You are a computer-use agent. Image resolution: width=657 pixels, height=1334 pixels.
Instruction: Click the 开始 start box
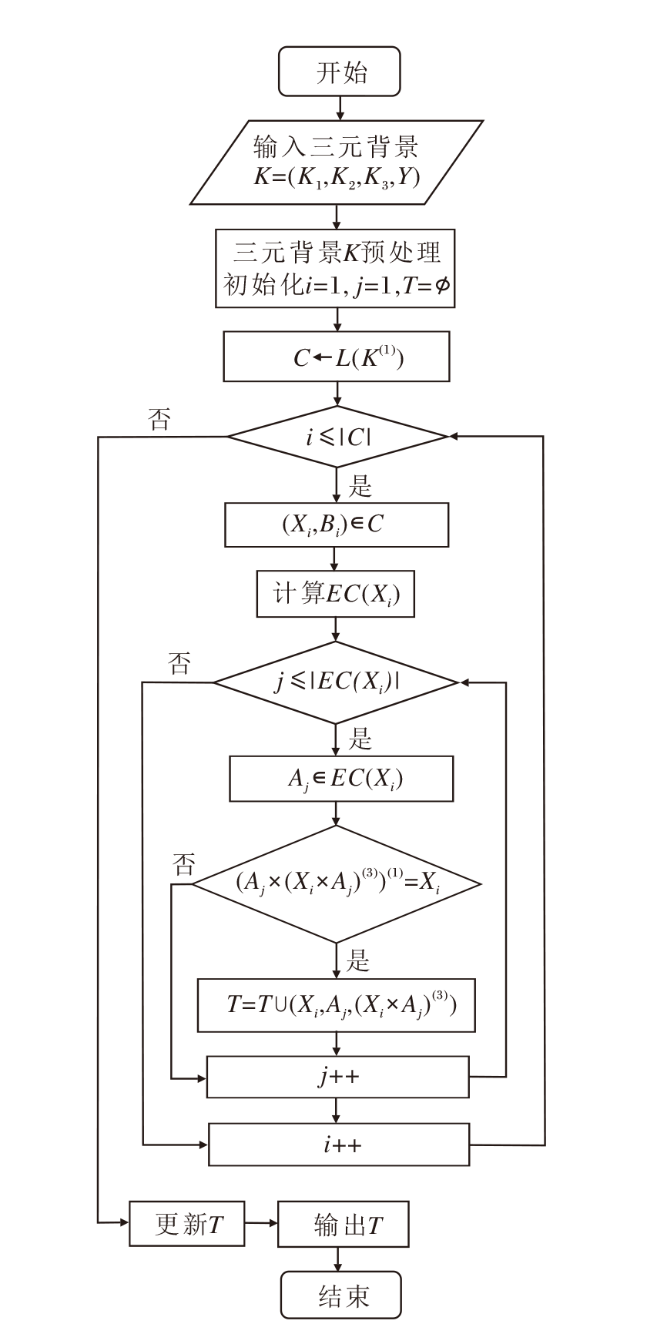pos(340,72)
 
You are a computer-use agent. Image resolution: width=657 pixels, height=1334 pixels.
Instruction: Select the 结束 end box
pos(340,1295)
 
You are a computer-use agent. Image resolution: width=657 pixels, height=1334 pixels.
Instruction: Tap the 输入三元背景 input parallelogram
pos(337,162)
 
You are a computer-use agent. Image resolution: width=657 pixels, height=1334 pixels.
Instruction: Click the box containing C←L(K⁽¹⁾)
pos(337,357)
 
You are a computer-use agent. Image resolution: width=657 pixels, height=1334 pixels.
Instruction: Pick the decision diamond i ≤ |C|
pos(337,437)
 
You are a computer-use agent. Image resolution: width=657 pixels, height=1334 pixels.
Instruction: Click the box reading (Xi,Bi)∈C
pos(337,525)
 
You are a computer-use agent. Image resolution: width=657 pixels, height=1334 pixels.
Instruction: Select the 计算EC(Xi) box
pos(335,594)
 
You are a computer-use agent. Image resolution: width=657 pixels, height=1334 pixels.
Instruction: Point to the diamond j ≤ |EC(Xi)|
pos(336,682)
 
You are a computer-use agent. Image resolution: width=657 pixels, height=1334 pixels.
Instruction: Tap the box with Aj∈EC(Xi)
pos(341,779)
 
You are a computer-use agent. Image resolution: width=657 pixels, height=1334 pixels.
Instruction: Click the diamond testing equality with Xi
pos(337,883)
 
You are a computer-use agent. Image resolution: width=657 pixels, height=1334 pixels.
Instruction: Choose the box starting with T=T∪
pos(337,1005)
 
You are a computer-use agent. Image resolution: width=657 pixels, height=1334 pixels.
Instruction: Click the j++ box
pos(337,1076)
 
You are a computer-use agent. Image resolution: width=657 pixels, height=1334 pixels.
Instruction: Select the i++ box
pos(339,1145)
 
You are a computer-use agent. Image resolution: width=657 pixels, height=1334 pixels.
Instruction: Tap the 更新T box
pos(187,1223)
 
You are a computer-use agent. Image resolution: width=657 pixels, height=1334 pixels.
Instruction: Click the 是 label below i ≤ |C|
pos(360,487)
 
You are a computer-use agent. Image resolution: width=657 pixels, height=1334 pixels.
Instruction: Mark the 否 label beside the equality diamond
pos(183,864)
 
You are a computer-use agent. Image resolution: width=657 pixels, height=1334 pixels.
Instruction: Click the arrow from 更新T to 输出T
pos(261,1223)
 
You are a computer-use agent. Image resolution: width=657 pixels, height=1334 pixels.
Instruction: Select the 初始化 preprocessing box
pos(336,268)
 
